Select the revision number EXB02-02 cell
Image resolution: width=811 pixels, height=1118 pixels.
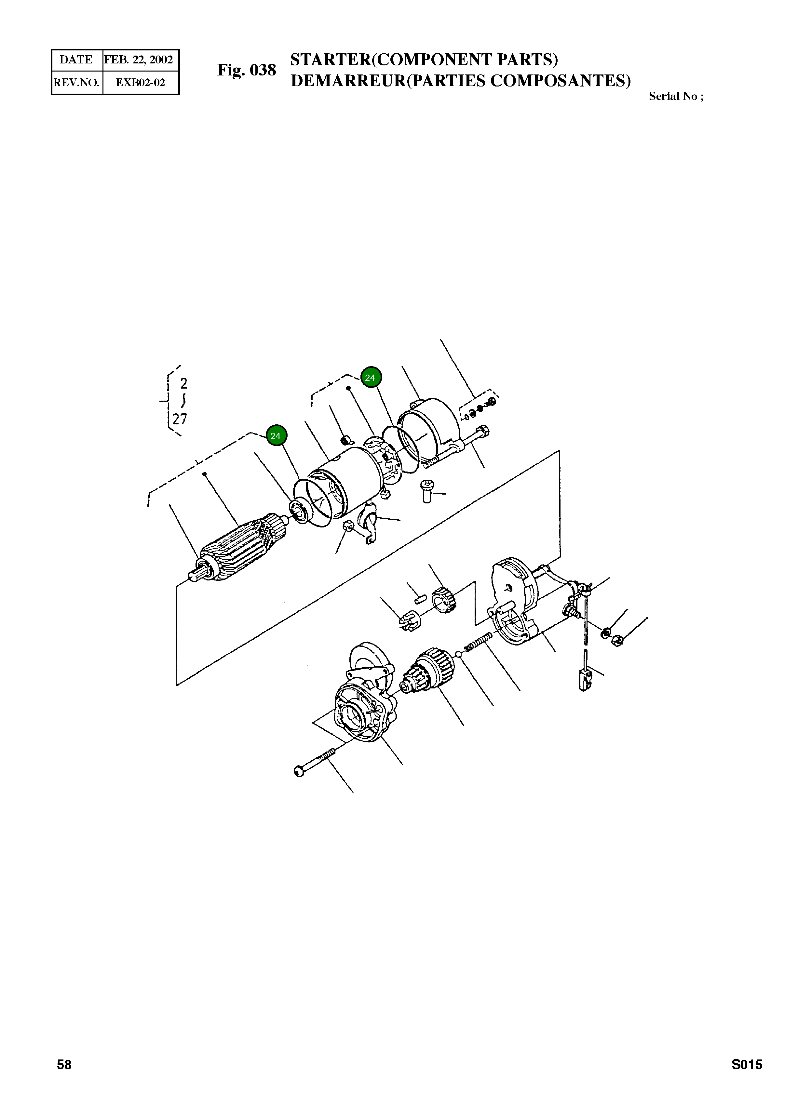(x=140, y=82)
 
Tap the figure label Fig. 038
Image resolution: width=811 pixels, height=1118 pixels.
(x=247, y=70)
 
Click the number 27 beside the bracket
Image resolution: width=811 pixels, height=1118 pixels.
(x=180, y=419)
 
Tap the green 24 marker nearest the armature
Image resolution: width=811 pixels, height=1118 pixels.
(x=276, y=436)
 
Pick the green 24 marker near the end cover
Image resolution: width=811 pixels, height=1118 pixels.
(x=370, y=378)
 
